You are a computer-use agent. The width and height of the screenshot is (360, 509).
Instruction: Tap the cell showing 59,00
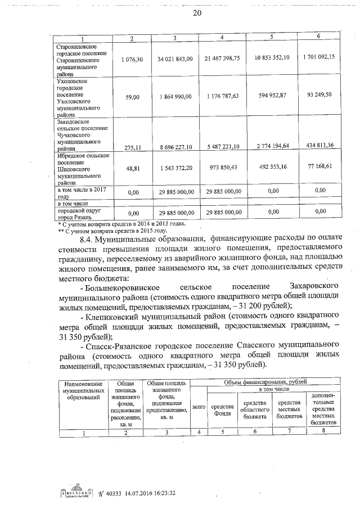pyautogui.click(x=132, y=97)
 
